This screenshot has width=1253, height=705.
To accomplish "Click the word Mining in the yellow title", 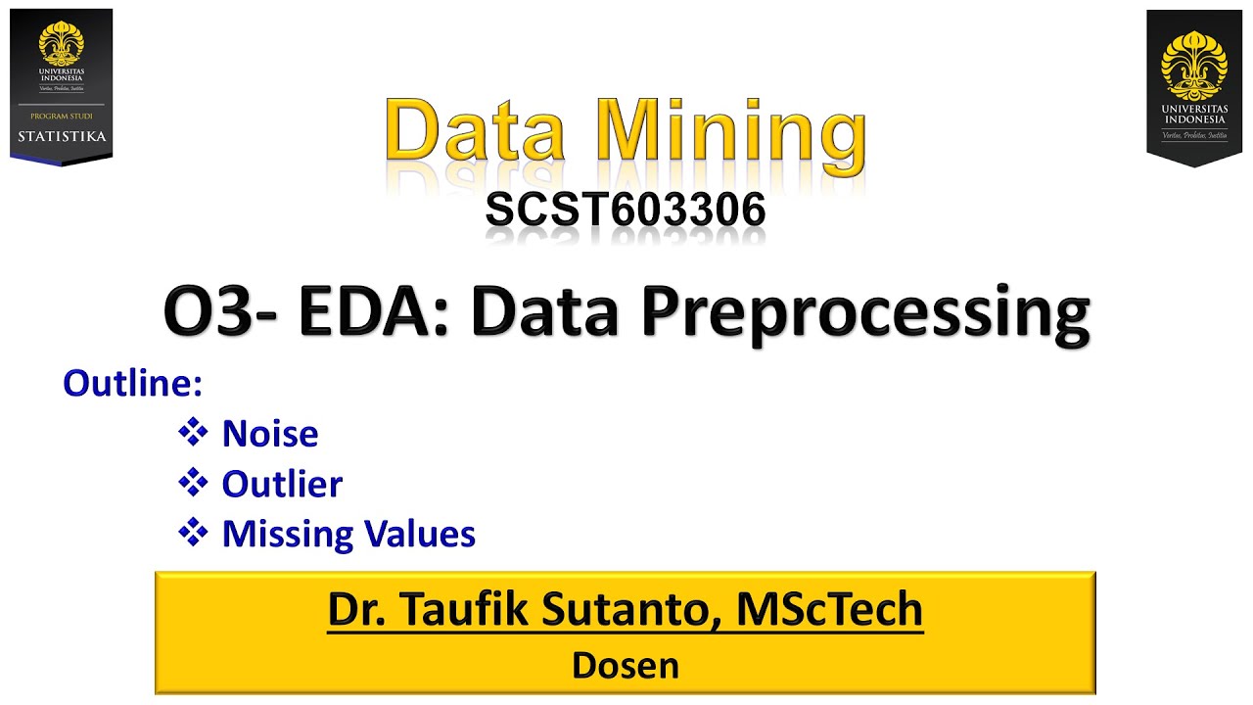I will (x=732, y=132).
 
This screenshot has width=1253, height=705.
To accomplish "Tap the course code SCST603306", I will (x=626, y=211).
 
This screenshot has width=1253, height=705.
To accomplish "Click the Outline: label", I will (x=132, y=383).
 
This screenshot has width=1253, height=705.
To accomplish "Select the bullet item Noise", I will (x=270, y=434).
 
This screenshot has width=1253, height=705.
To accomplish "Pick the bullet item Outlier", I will (x=282, y=484).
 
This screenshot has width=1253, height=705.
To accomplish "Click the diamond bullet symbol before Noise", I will (x=194, y=432).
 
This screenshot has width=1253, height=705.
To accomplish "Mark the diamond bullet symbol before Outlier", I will (x=194, y=482).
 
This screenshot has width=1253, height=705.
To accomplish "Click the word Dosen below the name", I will (x=626, y=666).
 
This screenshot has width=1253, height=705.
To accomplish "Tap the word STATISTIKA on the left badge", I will (x=62, y=136).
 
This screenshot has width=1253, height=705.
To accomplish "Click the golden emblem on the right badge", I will (x=1193, y=62).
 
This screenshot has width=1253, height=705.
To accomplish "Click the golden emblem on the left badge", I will (x=61, y=43).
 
